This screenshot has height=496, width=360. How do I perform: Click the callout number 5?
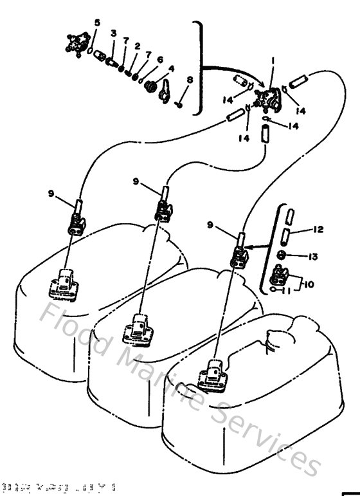coord(97,23)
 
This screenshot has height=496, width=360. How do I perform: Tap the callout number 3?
coord(113,33)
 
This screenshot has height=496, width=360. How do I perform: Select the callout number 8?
coord(190,80)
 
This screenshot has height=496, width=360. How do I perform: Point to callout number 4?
coord(171,69)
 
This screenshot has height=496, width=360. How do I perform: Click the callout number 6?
coord(159,59)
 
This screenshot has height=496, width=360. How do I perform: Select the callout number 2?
coord(137,46)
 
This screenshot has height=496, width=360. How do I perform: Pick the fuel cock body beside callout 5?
coord(76,44)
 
